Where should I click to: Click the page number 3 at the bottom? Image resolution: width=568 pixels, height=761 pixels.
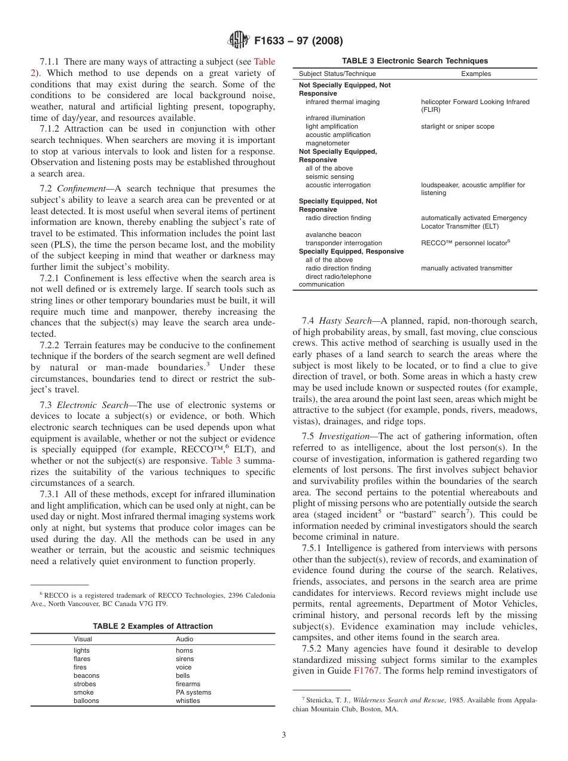(283, 735)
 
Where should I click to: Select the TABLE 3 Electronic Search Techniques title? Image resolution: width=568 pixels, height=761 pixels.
(414, 61)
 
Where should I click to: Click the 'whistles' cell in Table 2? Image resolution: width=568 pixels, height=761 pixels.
(188, 701)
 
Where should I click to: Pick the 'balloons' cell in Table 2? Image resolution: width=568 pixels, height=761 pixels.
(86, 701)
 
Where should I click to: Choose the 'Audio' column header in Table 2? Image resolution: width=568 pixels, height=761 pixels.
(184, 639)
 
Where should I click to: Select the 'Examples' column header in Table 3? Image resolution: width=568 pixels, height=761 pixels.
(476, 74)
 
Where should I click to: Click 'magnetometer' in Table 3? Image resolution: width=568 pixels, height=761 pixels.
(328, 144)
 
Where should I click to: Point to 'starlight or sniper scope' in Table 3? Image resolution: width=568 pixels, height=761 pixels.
(457, 127)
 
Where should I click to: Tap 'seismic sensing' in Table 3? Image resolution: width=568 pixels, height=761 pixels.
(329, 177)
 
